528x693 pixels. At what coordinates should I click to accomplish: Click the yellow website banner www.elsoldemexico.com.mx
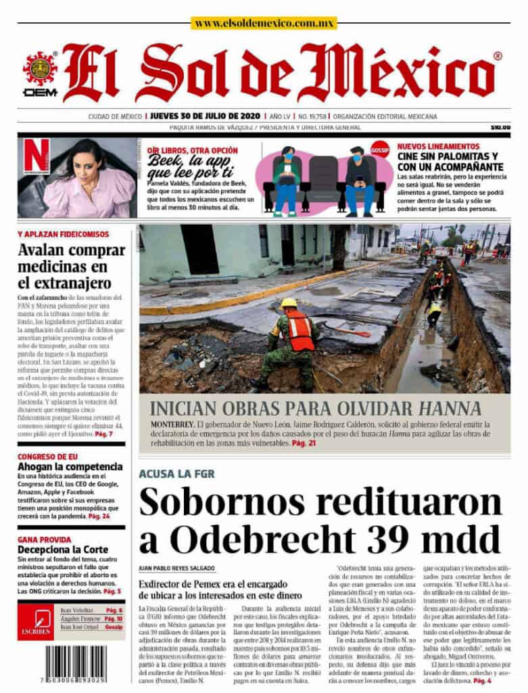tap(263, 23)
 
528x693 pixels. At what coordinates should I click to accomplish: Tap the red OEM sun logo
tap(40, 69)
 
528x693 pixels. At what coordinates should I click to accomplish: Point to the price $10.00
tap(500, 127)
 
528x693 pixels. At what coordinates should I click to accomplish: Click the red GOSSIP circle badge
tap(381, 149)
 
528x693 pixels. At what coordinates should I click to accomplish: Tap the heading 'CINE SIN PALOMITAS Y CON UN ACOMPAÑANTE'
tap(450, 161)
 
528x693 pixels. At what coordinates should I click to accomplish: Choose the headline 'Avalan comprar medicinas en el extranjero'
tap(71, 266)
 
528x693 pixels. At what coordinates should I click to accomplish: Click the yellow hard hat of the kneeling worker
tap(289, 303)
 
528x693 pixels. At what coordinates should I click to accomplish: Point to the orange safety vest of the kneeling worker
tap(300, 330)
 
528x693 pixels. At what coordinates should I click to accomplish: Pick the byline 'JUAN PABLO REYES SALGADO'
tap(176, 568)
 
